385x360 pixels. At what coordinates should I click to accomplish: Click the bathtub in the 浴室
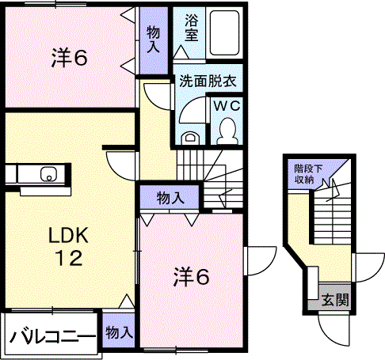pos(225,32)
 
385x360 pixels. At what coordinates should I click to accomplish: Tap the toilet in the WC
pos(227,131)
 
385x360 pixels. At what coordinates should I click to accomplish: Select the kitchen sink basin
pos(48,174)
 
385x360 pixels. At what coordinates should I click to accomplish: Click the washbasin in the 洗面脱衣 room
pos(189,138)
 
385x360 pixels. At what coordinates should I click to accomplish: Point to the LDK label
pos(68,236)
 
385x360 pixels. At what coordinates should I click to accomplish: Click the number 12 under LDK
pos(69,258)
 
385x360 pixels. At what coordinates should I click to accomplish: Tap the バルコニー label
pos(52,336)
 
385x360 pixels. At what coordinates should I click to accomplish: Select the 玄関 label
pos(336,300)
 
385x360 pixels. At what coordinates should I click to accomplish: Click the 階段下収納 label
pos(308,174)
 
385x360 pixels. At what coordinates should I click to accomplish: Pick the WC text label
pos(227,106)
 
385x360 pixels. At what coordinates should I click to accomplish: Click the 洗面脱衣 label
pos(208,81)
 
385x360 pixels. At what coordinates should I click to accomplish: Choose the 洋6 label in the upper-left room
pos(69,58)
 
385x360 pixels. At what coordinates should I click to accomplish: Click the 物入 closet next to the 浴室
pos(154,40)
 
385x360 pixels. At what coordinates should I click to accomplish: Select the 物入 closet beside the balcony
pos(119,331)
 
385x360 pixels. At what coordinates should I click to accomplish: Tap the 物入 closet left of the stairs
pos(170,197)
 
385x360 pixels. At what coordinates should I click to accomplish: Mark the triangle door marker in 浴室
pos(181,51)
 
